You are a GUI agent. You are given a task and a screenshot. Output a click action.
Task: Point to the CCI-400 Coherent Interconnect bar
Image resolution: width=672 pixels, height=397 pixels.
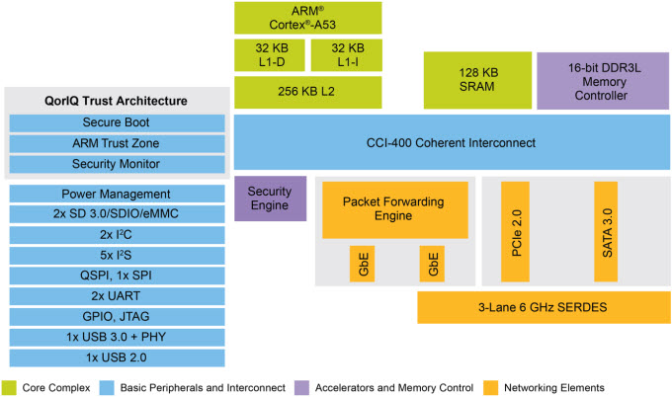(x=450, y=143)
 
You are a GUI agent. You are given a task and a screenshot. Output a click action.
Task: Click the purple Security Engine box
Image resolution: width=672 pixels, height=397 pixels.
(x=269, y=198)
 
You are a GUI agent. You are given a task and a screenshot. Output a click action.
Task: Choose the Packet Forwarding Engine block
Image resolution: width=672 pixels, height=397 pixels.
(x=393, y=209)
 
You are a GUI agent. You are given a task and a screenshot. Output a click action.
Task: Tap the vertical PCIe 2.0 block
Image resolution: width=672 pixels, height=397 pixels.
(x=518, y=232)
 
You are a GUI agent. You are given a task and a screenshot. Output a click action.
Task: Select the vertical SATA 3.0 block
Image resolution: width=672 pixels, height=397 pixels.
(x=608, y=232)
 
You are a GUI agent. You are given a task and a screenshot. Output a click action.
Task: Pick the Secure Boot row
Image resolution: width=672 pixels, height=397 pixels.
(x=116, y=122)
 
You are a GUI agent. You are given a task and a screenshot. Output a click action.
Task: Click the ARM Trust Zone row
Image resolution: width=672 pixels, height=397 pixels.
(x=116, y=143)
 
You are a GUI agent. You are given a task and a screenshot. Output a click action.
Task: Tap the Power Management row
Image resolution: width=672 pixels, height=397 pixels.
(x=116, y=195)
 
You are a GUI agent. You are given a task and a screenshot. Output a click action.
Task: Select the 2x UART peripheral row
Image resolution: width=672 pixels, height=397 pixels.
(x=116, y=296)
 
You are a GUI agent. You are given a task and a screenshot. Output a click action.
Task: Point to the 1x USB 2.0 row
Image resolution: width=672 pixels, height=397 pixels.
(x=116, y=357)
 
